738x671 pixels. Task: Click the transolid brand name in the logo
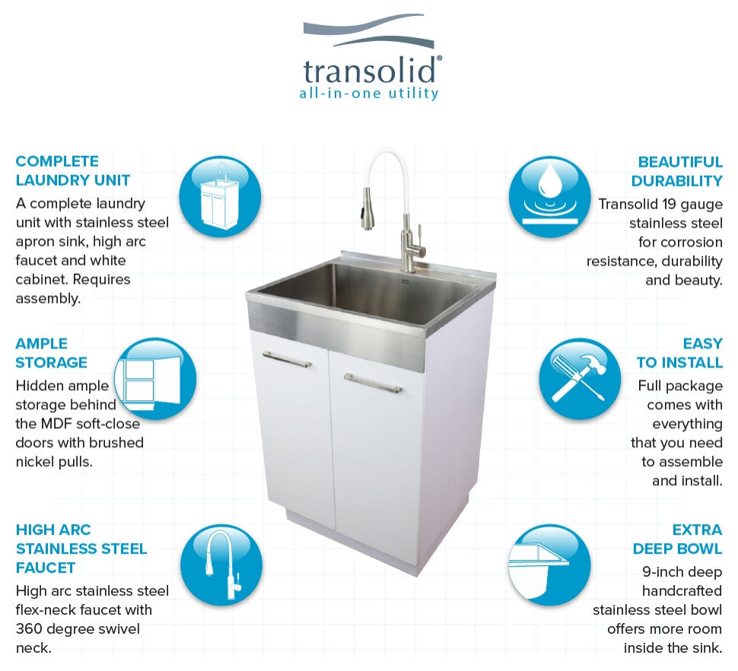click(x=370, y=71)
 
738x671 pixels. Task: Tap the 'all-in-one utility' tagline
click(x=369, y=93)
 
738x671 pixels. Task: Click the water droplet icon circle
click(x=550, y=197)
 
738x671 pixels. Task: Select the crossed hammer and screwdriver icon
click(x=580, y=378)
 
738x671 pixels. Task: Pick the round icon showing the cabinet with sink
click(x=221, y=197)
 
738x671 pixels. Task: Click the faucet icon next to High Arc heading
click(x=221, y=564)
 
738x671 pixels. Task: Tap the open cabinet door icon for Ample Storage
click(x=155, y=378)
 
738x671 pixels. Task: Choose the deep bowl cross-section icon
click(x=550, y=564)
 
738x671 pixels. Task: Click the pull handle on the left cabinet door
click(x=287, y=359)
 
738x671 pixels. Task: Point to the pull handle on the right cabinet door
click(x=372, y=383)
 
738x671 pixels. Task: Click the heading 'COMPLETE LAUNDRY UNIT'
click(x=73, y=170)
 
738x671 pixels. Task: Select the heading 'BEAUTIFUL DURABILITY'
click(x=677, y=171)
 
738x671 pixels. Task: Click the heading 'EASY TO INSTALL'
click(x=679, y=353)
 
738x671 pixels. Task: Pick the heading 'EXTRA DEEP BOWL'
click(x=677, y=539)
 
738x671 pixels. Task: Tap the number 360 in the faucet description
click(x=29, y=628)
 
